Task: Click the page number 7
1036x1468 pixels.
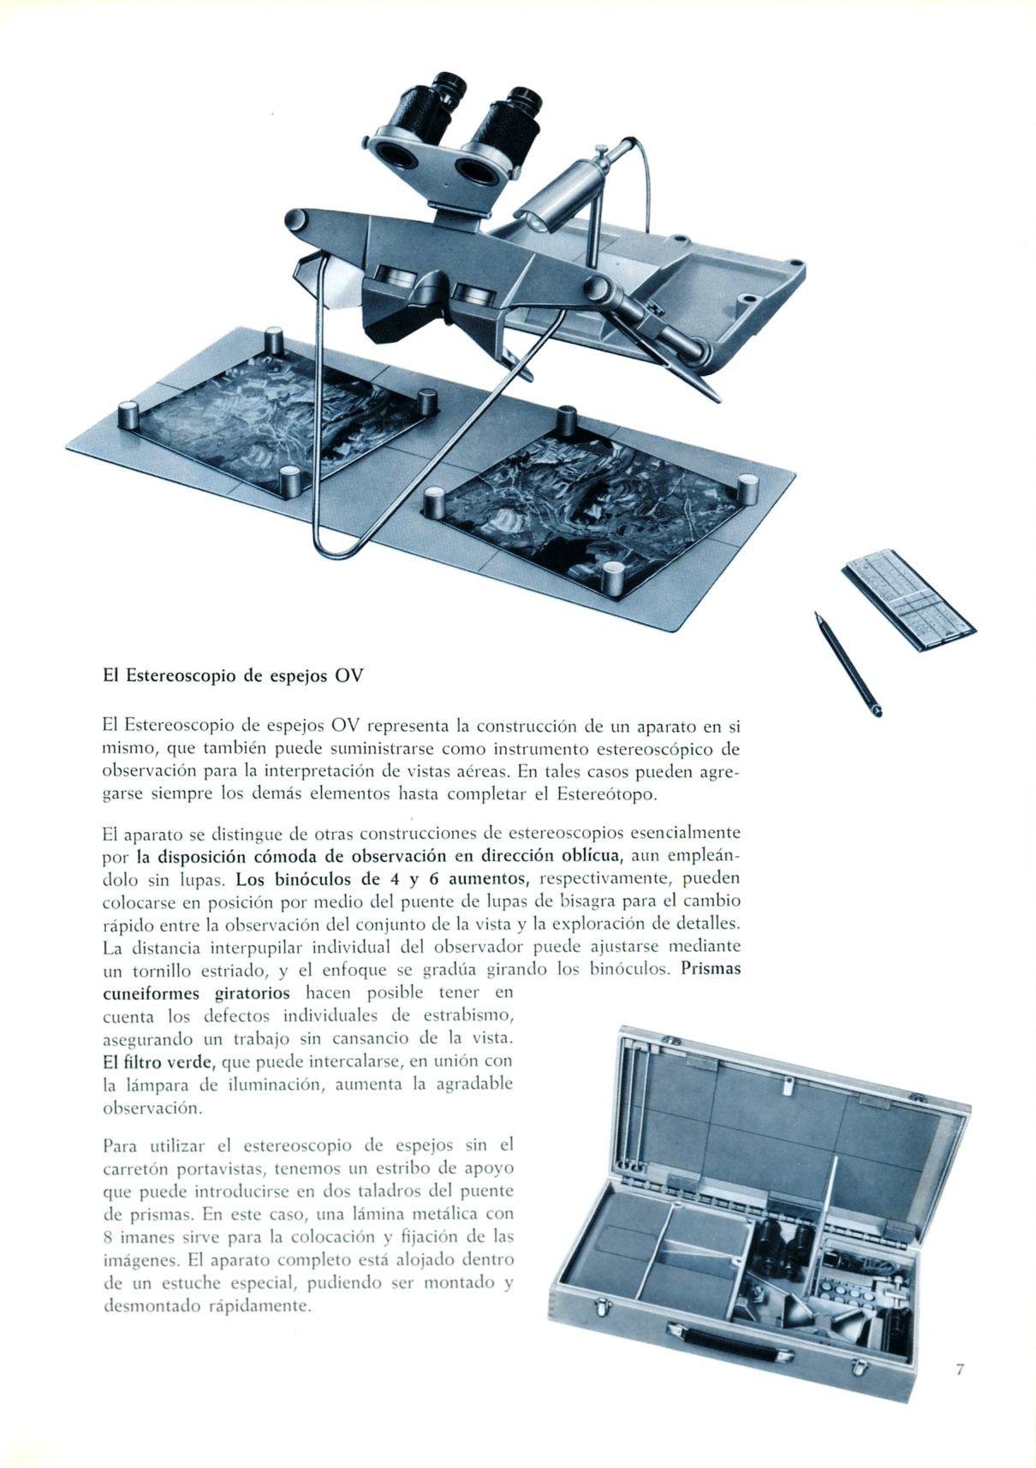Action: tap(960, 1370)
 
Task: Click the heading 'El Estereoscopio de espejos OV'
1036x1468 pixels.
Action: tap(233, 675)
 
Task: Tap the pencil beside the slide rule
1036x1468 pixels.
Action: tap(848, 663)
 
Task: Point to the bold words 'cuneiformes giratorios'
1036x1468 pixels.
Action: tap(196, 994)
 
